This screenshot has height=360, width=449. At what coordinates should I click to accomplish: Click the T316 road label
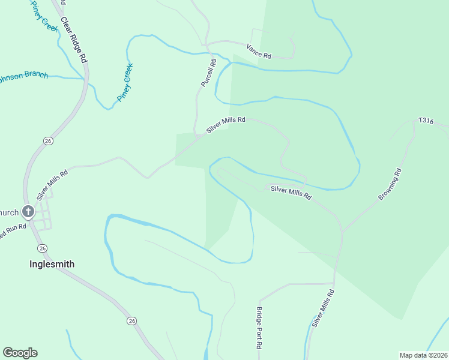(426, 121)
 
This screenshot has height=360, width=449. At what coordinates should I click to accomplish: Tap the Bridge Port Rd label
(259, 328)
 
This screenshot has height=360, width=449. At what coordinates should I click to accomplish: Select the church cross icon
(28, 211)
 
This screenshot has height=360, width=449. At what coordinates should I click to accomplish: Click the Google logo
(20, 353)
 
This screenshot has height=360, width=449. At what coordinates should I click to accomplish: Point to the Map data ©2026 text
(423, 355)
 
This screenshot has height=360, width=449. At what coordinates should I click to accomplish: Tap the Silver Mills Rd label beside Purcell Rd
(226, 124)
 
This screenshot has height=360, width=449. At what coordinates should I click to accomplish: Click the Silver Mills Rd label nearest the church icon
(52, 184)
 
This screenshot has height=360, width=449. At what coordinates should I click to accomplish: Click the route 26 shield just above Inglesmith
(42, 248)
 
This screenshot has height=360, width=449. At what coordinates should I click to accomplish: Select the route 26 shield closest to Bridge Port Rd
(131, 321)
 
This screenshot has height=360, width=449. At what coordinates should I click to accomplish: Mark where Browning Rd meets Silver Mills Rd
(342, 232)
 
